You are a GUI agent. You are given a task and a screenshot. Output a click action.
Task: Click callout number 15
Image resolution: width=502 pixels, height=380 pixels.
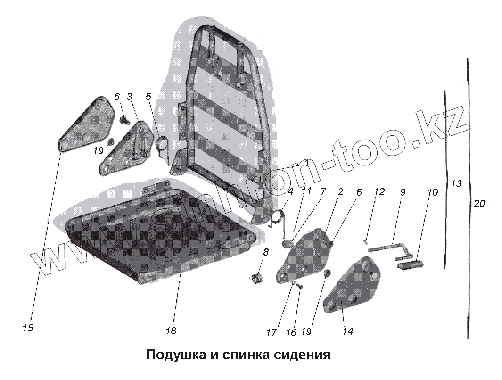click(28, 328)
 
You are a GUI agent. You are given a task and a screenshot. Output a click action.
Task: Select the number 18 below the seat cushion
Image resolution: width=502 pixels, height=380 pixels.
click(171, 331)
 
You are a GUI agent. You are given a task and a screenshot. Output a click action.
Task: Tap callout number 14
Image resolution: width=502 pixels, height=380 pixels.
click(347, 331)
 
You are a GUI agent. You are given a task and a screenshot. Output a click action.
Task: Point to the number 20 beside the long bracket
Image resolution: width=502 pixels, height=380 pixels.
click(479, 204)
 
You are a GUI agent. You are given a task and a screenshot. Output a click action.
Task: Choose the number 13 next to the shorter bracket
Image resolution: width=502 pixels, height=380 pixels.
click(456, 184)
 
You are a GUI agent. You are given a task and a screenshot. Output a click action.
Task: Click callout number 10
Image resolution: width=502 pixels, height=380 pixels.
click(433, 192)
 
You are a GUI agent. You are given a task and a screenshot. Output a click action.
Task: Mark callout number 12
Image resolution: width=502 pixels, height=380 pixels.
click(379, 192)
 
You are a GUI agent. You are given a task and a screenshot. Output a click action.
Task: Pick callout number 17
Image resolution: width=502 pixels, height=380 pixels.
click(271, 332)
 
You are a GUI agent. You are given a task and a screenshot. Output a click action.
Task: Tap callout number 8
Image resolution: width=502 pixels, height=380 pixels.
click(266, 252)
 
